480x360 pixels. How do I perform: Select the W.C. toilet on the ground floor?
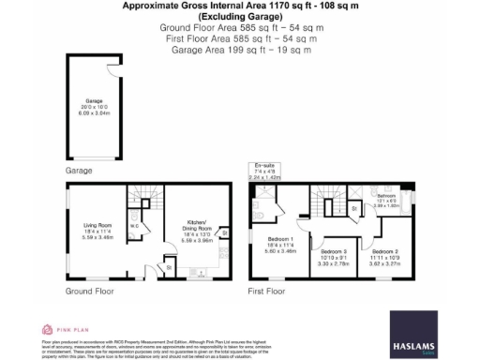pyautogui.click(x=135, y=226)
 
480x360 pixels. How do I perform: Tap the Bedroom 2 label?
pyautogui.click(x=384, y=256)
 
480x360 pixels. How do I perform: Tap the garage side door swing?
pyautogui.click(x=112, y=79)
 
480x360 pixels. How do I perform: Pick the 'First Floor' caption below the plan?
pyautogui.click(x=267, y=292)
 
